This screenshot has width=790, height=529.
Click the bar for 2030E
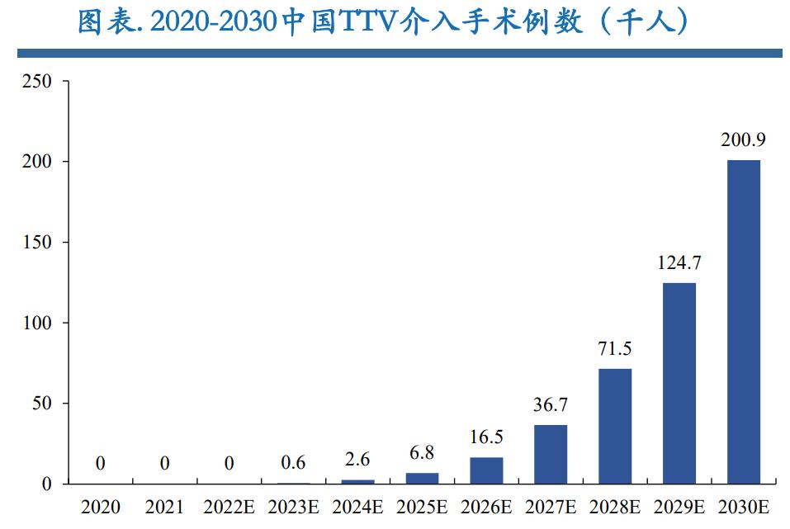click(x=743, y=322)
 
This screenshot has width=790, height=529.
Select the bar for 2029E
click(x=679, y=383)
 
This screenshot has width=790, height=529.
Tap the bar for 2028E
click(x=615, y=426)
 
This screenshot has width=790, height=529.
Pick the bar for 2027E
click(x=551, y=454)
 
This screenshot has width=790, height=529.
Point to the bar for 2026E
click(x=486, y=470)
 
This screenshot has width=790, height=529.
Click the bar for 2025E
click(x=422, y=478)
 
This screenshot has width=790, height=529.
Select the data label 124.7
click(x=679, y=263)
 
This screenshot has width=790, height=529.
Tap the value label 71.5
click(x=615, y=348)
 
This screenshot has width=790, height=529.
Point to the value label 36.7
click(x=551, y=405)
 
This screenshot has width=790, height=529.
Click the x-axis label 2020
click(x=100, y=506)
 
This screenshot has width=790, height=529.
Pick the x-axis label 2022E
click(x=229, y=506)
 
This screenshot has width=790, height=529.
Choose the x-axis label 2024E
click(x=357, y=506)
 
